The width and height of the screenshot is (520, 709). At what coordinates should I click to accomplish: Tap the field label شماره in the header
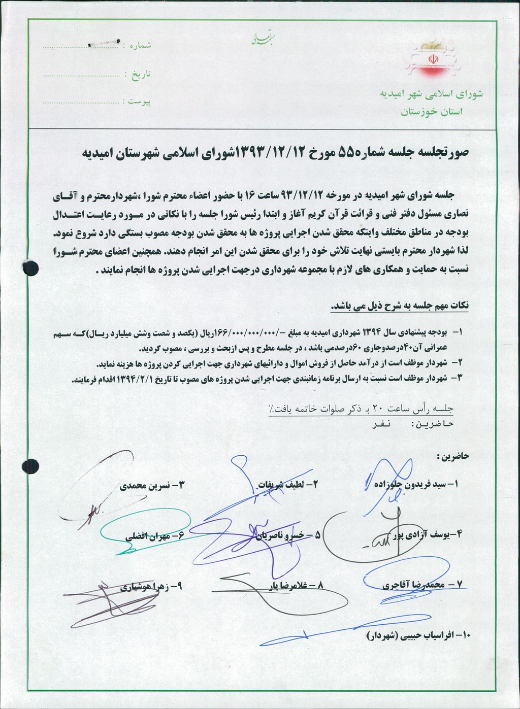140,45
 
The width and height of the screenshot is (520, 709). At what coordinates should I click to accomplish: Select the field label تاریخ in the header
141,74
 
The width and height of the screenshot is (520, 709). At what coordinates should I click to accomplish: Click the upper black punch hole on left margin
31,267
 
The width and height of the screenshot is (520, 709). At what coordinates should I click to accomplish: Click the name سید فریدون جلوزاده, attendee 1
414,485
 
